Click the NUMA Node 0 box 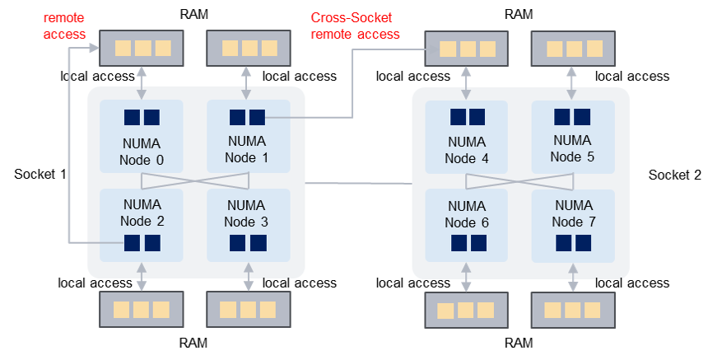pyautogui.click(x=142, y=136)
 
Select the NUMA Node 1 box pyautogui.click(x=248, y=136)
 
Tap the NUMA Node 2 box pyautogui.click(x=142, y=225)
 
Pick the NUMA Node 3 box pyautogui.click(x=248, y=225)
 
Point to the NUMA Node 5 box pyautogui.click(x=572, y=136)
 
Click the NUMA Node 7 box pyautogui.click(x=572, y=225)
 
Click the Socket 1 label pyautogui.click(x=40, y=175)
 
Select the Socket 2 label pyautogui.click(x=675, y=175)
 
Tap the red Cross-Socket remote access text pyautogui.click(x=355, y=26)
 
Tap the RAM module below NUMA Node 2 pyautogui.click(x=142, y=311)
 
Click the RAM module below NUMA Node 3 pyautogui.click(x=247, y=311)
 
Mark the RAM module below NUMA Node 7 pyautogui.click(x=572, y=311)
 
